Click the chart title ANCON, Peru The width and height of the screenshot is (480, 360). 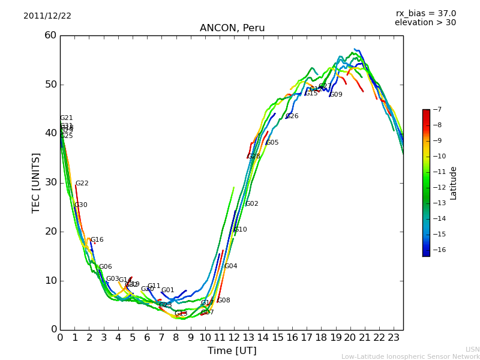coord(232,28)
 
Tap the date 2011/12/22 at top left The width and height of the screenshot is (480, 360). coord(47,16)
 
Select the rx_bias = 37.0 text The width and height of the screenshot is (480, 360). coord(425,14)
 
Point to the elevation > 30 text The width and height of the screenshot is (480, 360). coord(425,23)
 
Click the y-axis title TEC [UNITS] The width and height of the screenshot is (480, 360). coord(36,182)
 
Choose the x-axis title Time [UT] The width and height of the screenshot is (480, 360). coord(232,350)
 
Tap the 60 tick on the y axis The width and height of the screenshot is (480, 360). coord(50,35)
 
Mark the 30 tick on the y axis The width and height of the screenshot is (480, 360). coord(50,182)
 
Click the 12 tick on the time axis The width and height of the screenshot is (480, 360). coord(235,337)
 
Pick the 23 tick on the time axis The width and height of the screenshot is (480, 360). coord(394,337)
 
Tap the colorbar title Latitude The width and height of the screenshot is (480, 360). coord(454,183)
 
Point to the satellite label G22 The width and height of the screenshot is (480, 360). coord(82,184)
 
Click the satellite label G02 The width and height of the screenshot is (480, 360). coord(252,204)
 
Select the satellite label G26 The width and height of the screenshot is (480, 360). coord(292,116)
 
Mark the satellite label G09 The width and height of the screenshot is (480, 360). coord(336,95)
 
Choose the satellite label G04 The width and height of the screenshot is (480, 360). coord(230,266)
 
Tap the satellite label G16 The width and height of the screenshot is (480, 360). coord(97,240)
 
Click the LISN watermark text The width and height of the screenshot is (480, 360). coord(472,349)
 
